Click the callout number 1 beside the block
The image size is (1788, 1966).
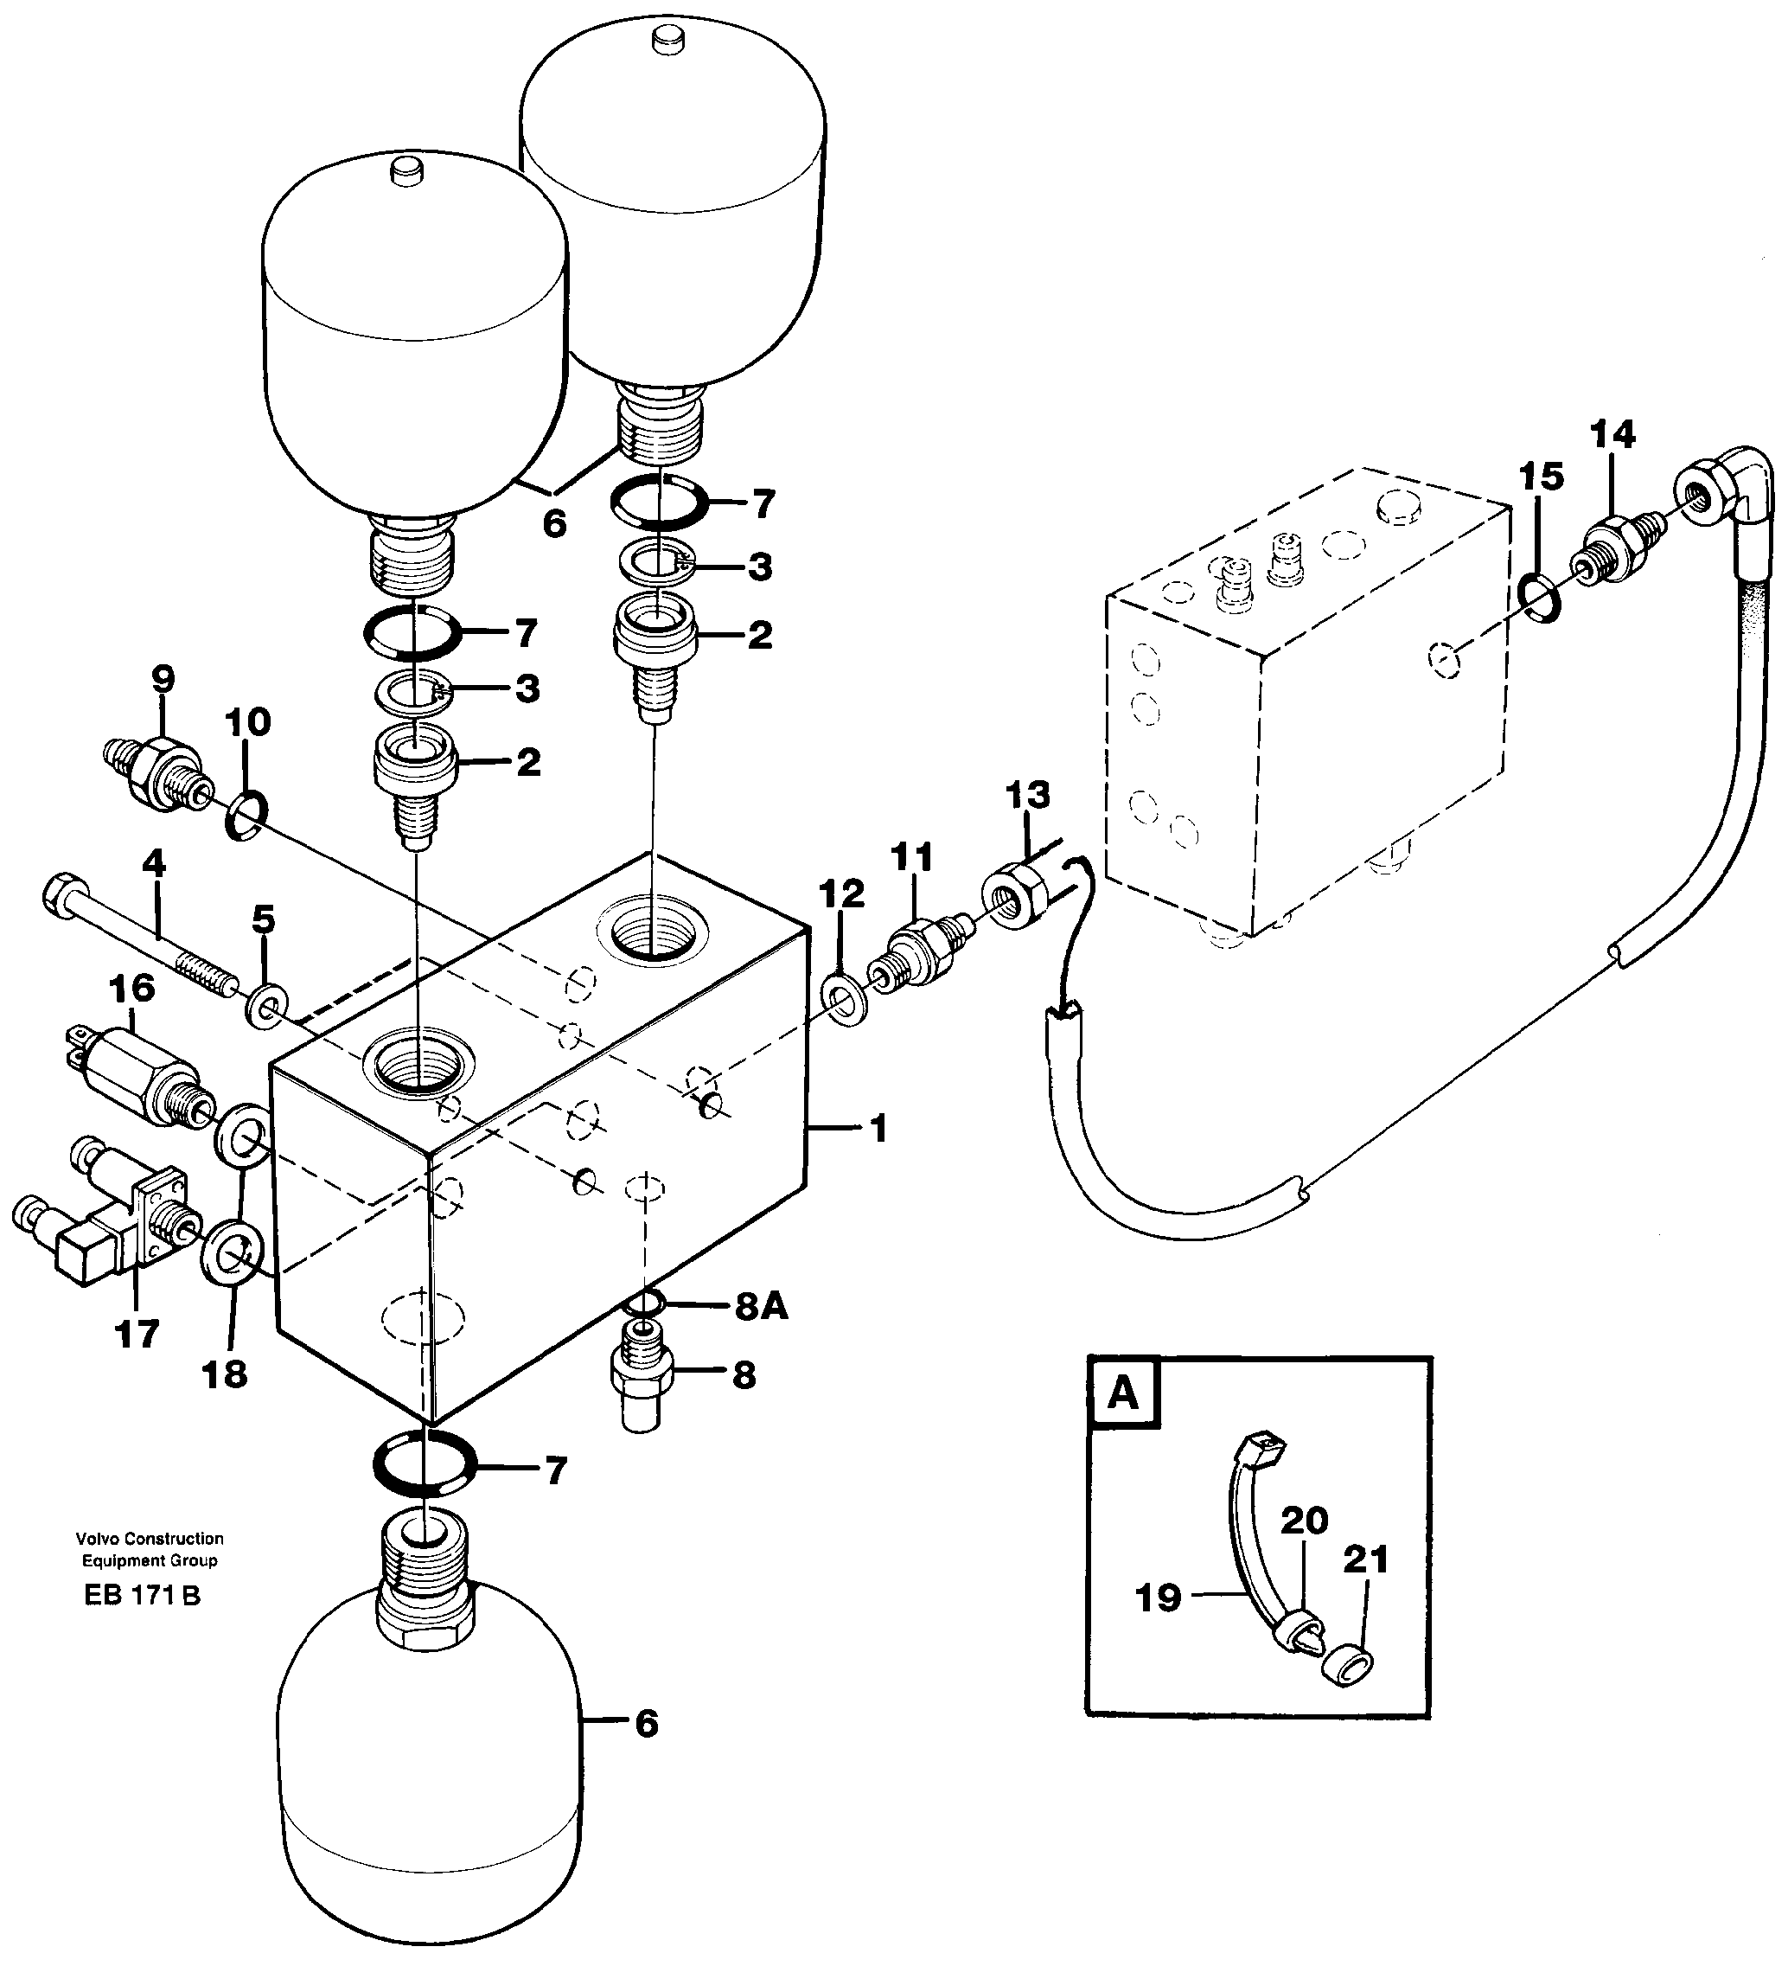(x=878, y=1130)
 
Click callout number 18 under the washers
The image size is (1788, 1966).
(x=224, y=1375)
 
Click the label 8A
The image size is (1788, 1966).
(x=762, y=1307)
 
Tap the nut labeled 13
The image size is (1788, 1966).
(x=1018, y=892)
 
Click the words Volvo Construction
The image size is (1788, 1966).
(x=150, y=1539)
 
